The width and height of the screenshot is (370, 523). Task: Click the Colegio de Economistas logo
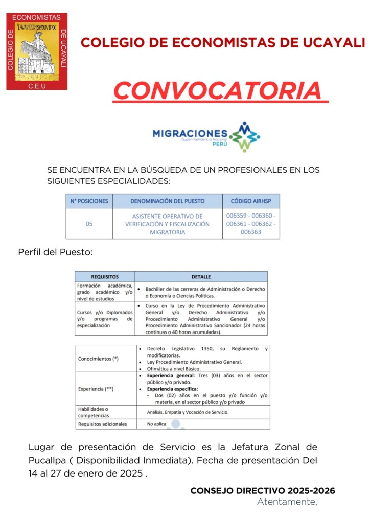[37, 52]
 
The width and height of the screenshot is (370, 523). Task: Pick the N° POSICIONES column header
[89, 201]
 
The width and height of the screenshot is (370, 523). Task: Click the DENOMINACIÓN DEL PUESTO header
[167, 201]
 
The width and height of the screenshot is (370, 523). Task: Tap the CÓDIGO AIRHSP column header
[250, 201]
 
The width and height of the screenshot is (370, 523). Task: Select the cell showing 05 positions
[89, 224]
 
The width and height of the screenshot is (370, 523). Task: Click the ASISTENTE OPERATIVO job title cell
[167, 224]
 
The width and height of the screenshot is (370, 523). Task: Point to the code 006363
[250, 232]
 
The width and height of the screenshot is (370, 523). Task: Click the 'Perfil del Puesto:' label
[55, 252]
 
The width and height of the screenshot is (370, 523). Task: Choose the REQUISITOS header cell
[105, 276]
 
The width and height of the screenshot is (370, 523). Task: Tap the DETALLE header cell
[201, 276]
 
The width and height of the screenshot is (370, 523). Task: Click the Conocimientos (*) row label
[98, 359]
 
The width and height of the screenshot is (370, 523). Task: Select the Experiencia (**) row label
[96, 389]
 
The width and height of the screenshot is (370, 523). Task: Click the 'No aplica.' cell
[156, 424]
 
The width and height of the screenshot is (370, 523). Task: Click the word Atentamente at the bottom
[286, 502]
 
